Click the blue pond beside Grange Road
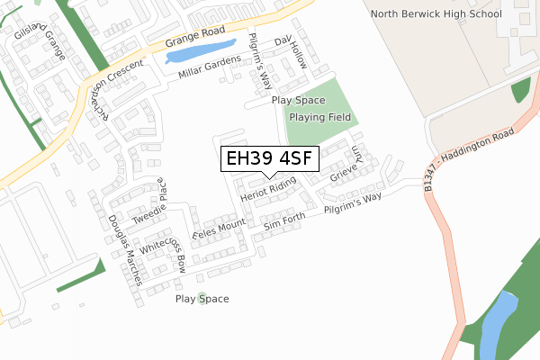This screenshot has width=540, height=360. [200, 51]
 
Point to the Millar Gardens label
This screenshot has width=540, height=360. [209, 67]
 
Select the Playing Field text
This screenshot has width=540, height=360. [319, 116]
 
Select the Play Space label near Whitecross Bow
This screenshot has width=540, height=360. [202, 299]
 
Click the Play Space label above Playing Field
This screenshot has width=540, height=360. [298, 101]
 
